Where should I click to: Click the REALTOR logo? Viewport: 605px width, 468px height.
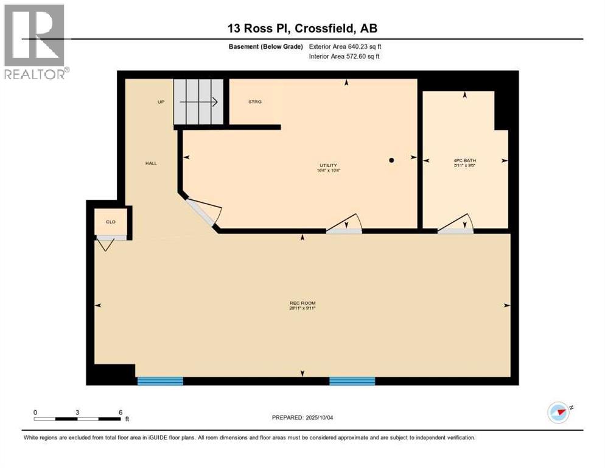[x=35, y=41]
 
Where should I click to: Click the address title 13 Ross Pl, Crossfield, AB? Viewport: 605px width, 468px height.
[x=302, y=28]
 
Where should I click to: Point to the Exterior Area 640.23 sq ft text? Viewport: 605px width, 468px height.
[x=345, y=46]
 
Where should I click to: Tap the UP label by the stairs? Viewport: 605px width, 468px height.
[x=161, y=102]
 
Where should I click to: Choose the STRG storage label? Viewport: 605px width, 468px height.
[x=255, y=102]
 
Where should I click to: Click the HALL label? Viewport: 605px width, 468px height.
[x=151, y=163]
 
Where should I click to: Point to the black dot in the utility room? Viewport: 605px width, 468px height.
[x=392, y=160]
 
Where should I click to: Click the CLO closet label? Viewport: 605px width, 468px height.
[x=111, y=222]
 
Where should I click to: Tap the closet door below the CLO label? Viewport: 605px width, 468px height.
[x=107, y=243]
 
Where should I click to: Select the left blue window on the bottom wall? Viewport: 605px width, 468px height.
[x=160, y=381]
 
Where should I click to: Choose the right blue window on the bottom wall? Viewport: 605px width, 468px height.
[x=352, y=381]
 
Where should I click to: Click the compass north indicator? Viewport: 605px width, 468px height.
[x=558, y=413]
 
